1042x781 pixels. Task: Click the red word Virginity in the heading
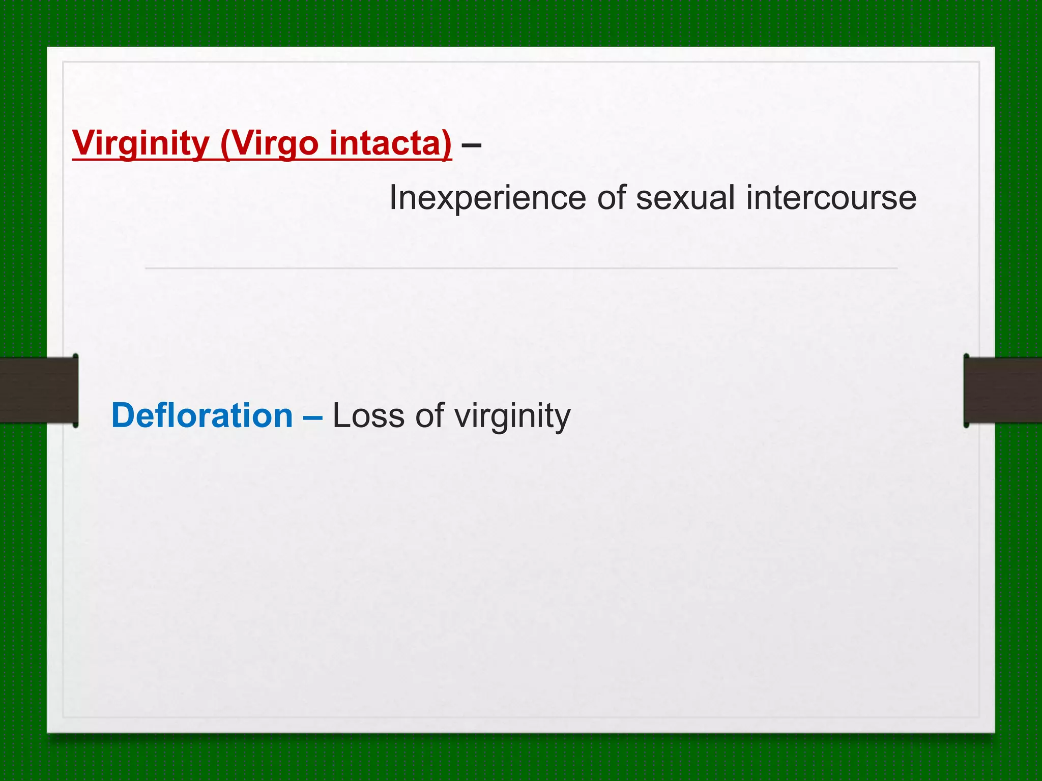[140, 143]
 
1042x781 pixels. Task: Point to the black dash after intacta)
[471, 145]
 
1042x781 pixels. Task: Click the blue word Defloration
[202, 415]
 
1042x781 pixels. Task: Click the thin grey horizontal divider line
[521, 268]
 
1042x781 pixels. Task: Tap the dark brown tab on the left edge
[39, 390]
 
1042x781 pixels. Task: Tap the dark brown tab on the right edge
[1002, 390]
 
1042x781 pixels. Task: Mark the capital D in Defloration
[122, 415]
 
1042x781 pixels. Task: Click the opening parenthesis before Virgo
[225, 144]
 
